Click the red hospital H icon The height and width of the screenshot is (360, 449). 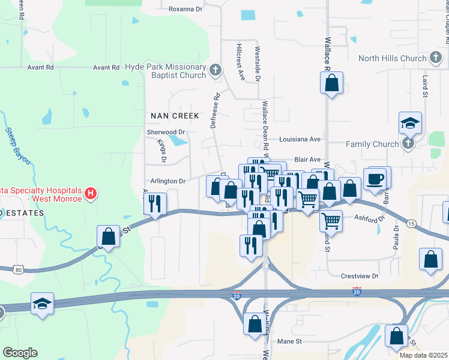point(90,193)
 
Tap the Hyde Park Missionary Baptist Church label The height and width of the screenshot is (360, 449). point(165,71)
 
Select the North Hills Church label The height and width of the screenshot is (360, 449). point(392,58)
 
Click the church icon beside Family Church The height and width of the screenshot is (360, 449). point(408,143)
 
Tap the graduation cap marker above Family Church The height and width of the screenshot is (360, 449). point(410,124)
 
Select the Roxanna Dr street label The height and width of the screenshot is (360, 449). point(185,9)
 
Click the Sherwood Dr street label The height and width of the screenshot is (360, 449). point(166,131)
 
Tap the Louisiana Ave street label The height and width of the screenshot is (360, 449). point(300,139)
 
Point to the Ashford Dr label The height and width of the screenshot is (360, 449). point(370,219)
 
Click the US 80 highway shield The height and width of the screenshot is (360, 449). point(20,269)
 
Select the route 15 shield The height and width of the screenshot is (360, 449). point(411,223)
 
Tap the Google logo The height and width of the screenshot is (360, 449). point(20,352)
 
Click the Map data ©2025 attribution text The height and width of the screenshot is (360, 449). point(423,355)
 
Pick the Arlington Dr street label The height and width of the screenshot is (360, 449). point(165,181)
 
